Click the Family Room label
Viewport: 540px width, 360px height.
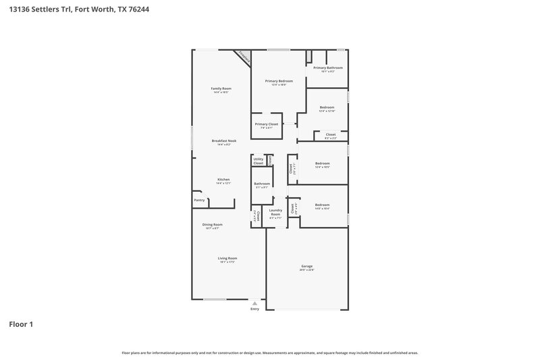221,88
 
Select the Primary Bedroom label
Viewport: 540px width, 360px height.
279,81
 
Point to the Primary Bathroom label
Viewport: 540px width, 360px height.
328,68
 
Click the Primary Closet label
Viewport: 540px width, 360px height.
266,124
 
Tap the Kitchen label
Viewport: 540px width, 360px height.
223,180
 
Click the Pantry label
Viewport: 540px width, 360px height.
199,200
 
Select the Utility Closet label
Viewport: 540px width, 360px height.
259,161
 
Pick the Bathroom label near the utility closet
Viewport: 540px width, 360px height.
262,184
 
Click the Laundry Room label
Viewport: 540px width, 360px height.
275,213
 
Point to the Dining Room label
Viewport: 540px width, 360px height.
213,224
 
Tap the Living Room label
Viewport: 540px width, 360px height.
227,258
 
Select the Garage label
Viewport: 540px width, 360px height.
307,266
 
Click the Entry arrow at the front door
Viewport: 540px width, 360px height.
254,304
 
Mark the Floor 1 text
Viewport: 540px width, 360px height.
21,324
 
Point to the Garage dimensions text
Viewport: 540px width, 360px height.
307,270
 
